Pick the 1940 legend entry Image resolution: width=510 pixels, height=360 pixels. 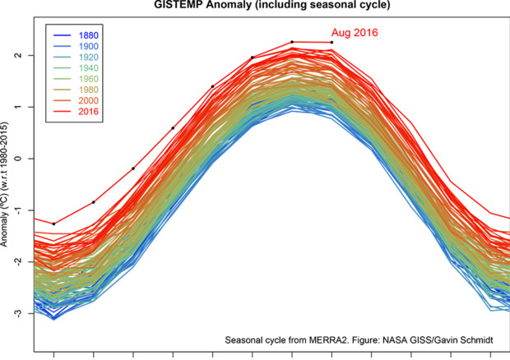(x=90, y=72)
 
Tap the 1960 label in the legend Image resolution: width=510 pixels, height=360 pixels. (x=90, y=85)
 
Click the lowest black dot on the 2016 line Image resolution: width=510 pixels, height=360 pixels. (x=54, y=224)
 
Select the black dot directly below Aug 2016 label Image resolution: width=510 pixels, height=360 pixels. (x=332, y=42)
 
